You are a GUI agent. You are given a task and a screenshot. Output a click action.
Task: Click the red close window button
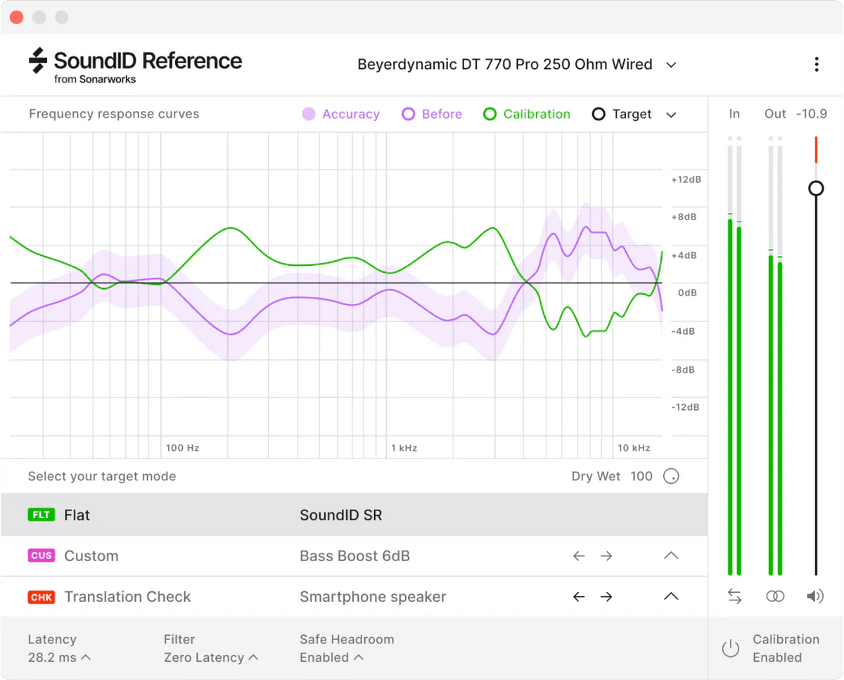[x=16, y=17]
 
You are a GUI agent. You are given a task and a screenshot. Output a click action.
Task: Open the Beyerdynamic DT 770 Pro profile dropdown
[x=671, y=65]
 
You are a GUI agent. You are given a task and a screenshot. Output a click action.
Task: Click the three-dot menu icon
[x=816, y=65]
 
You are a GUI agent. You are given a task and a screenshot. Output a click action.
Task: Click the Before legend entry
[x=432, y=114]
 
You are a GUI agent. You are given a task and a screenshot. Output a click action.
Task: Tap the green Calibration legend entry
[x=527, y=114]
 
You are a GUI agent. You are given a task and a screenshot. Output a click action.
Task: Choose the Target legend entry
[x=622, y=114]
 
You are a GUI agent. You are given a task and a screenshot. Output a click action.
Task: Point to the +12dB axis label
[x=686, y=179]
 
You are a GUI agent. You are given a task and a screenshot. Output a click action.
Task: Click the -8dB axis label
[x=684, y=369]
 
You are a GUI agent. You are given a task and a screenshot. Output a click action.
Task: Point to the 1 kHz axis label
[x=404, y=448]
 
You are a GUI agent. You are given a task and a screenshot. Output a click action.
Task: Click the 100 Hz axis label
[x=182, y=448]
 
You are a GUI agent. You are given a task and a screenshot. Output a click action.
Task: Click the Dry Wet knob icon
[x=672, y=477]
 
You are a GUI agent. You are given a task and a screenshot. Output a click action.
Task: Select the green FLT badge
[x=41, y=515]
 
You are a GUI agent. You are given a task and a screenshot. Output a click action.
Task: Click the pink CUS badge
[x=41, y=556]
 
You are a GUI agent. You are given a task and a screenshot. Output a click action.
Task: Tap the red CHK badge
[x=41, y=597]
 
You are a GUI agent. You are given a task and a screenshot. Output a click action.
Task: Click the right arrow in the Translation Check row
[x=606, y=597]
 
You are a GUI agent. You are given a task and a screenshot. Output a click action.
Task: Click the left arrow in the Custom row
[x=579, y=556]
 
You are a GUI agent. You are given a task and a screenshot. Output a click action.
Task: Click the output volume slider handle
[x=816, y=188]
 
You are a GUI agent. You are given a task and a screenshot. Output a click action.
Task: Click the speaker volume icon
[x=815, y=596]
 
